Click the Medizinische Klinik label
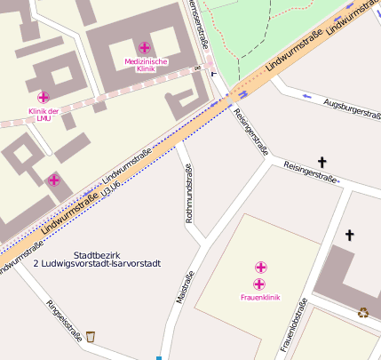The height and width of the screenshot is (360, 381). click(145, 65)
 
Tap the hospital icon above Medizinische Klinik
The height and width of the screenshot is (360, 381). click(144, 47)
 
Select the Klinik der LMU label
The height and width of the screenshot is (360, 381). click(43, 115)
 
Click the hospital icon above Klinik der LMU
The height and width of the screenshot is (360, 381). click(43, 96)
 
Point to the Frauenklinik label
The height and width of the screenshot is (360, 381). click(259, 297)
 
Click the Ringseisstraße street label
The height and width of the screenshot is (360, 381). click(64, 321)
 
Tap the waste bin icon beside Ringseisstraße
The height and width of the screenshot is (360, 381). click(90, 336)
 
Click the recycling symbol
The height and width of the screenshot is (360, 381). click(362, 312)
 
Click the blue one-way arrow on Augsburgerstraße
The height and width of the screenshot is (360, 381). click(307, 95)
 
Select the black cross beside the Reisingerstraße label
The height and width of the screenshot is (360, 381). click(321, 162)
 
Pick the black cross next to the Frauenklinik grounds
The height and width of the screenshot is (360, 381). click(349, 235)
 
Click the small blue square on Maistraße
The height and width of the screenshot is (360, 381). click(158, 357)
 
